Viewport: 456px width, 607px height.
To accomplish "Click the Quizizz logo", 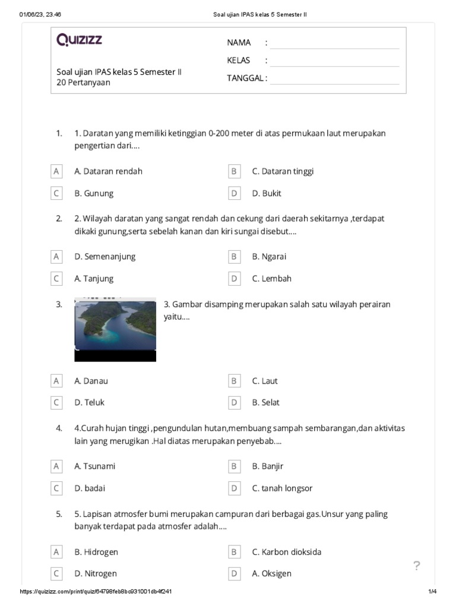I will click(x=79, y=40).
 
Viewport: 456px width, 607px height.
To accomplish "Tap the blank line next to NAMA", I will click(x=334, y=43).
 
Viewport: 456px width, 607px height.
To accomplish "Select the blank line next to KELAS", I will click(x=334, y=60).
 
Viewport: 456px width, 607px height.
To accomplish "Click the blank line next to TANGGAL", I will click(x=334, y=78).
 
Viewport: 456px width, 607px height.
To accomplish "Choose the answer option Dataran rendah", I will click(x=108, y=171).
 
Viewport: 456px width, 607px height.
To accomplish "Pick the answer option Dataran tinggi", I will click(x=283, y=171).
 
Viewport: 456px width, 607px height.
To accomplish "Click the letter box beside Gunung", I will click(x=56, y=193).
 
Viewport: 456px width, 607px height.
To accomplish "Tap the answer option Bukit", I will click(x=267, y=193).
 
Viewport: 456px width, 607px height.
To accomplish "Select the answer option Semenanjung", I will click(x=104, y=257).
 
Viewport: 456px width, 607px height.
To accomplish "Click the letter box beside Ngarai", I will click(x=234, y=257).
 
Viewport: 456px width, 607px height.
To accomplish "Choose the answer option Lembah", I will click(x=271, y=279).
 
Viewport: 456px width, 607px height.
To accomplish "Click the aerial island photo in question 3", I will click(x=115, y=329).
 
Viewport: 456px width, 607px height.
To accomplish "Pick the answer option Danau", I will click(x=91, y=381).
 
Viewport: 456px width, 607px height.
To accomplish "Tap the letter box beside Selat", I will click(x=234, y=402).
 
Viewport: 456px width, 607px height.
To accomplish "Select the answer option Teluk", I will click(x=89, y=402).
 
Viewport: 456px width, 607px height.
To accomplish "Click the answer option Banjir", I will click(x=267, y=467).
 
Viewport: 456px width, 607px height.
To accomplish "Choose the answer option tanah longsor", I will click(x=282, y=488).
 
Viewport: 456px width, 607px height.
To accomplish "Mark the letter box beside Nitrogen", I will click(x=56, y=574).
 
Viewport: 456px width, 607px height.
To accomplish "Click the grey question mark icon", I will click(x=417, y=566).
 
